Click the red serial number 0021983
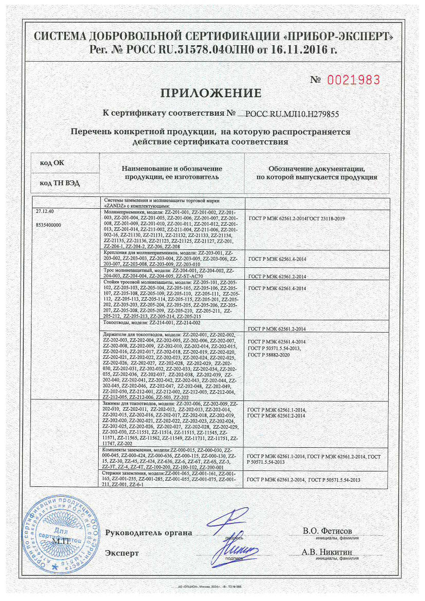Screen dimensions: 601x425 353,80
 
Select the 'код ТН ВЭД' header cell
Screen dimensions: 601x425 59,183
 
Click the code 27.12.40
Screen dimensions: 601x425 45,211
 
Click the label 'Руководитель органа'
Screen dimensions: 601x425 148,533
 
